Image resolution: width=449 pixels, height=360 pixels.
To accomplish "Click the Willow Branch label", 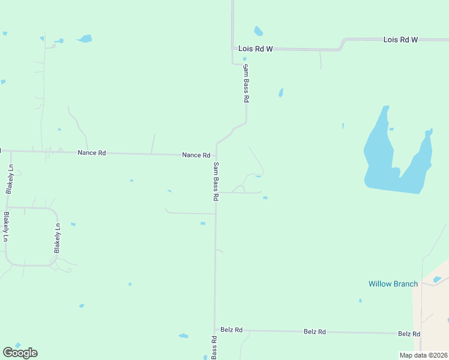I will [x=393, y=284].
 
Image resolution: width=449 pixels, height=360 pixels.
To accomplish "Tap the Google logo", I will [x=20, y=353].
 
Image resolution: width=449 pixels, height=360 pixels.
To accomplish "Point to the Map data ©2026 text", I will [x=423, y=355].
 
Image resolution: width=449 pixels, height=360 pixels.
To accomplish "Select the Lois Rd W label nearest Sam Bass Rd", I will [x=255, y=49].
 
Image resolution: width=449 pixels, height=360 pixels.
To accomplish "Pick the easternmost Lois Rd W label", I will [x=400, y=40].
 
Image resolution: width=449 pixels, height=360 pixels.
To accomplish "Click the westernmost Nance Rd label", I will [x=91, y=153].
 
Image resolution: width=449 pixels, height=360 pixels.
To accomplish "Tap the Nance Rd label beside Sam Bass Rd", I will [x=196, y=155].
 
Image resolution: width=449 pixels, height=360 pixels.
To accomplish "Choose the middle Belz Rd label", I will [x=315, y=331].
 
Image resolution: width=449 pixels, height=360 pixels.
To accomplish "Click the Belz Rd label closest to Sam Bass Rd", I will [x=231, y=329].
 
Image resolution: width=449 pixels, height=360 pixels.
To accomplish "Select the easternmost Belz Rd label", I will [x=409, y=334].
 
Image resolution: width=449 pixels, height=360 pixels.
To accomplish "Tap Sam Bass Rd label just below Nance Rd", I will [x=216, y=177].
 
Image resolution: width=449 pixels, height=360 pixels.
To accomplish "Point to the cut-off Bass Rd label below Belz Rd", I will [x=214, y=348].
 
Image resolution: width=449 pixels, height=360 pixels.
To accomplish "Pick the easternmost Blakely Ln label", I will [x=58, y=238].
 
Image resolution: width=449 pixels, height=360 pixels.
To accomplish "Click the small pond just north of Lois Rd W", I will [x=258, y=31].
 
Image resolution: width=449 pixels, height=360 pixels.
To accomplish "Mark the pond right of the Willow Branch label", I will [x=437, y=279].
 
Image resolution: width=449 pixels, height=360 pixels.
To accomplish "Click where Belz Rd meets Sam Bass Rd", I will [x=215, y=330].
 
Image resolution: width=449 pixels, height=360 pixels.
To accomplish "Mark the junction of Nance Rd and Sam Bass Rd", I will [x=215, y=155].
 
